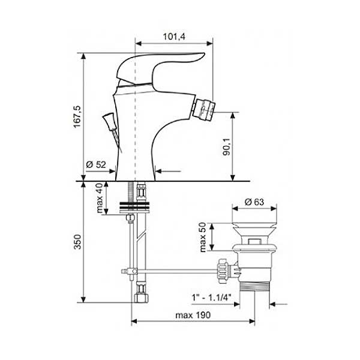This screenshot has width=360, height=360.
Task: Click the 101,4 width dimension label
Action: tap(174, 37)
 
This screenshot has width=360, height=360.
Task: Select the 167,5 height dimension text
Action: tap(77, 117)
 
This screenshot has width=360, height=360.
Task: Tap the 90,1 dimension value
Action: tap(227, 147)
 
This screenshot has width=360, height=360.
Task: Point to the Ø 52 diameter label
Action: tap(96, 164)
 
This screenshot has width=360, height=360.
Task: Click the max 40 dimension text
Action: tap(100, 198)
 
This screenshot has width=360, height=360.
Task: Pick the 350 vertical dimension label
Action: tap(77, 242)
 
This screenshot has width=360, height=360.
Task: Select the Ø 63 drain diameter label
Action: tap(254, 202)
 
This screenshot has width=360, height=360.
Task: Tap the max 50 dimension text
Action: tap(203, 238)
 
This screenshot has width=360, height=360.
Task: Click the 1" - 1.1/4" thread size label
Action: tap(211, 298)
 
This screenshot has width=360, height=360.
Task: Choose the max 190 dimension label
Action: tap(193, 315)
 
